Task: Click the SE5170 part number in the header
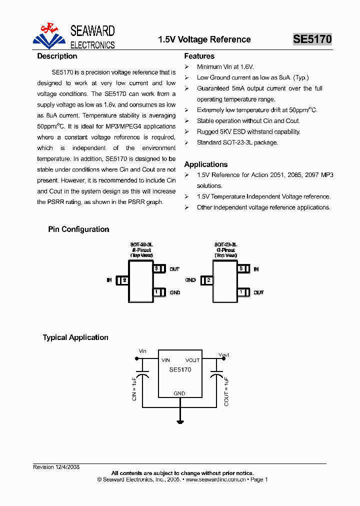(x=312, y=39)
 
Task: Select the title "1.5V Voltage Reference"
(x=204, y=39)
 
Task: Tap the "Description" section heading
(x=57, y=56)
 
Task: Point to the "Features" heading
(x=199, y=56)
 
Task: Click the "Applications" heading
(x=205, y=164)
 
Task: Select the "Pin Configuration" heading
(x=78, y=229)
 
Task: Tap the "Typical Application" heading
(x=75, y=338)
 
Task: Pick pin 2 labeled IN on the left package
(x=122, y=280)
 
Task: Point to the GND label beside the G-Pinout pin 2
(x=190, y=280)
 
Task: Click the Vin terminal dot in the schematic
(x=138, y=358)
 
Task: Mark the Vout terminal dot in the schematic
(x=221, y=358)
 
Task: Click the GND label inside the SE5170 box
(x=179, y=393)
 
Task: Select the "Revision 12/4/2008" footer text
(x=56, y=467)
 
